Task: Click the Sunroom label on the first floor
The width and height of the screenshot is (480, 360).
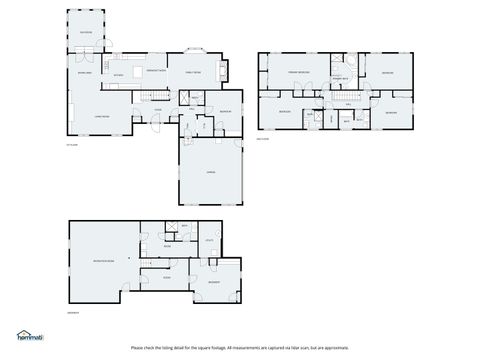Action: [86, 32]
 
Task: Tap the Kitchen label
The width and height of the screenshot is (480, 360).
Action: [118, 76]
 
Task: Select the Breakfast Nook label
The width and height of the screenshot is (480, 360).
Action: [156, 72]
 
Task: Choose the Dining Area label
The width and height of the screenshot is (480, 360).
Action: [84, 73]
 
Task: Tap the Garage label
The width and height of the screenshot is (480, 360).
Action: [211, 173]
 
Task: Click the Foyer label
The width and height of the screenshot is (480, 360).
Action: [157, 109]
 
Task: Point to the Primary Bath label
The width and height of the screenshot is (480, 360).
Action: [340, 78]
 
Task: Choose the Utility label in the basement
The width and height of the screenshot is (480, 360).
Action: [210, 240]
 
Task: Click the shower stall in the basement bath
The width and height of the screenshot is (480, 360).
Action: [173, 228]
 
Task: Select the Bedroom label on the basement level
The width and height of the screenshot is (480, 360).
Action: [214, 283]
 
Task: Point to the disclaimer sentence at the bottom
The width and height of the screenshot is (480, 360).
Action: [240, 348]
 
